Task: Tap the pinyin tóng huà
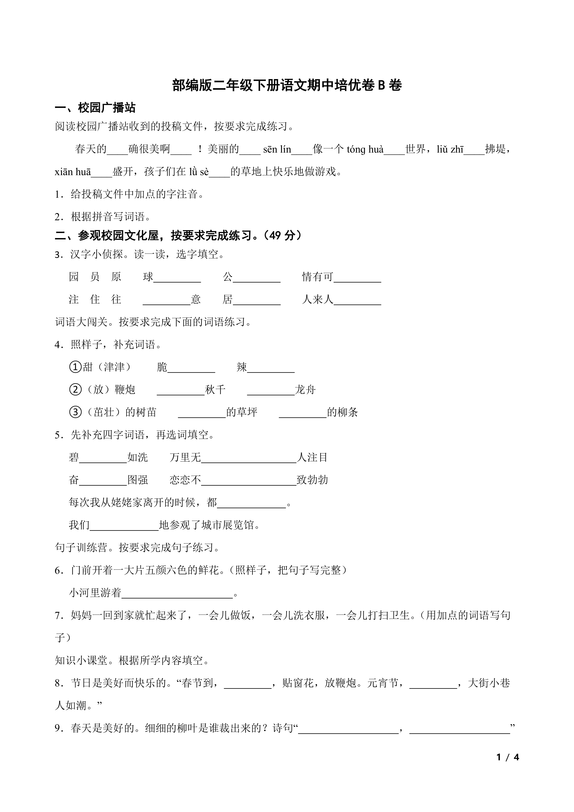coord(365,150)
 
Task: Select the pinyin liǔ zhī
coord(450,150)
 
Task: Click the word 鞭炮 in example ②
coord(125,390)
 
